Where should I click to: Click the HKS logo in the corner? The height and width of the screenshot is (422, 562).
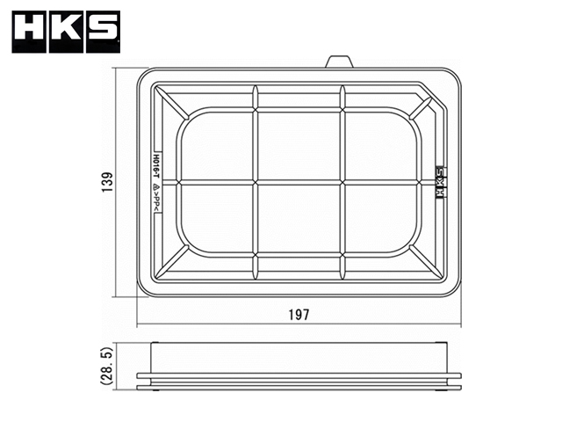tap(65, 32)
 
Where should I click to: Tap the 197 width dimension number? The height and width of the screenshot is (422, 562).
tap(299, 314)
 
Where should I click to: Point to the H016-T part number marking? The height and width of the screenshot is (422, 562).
tap(155, 164)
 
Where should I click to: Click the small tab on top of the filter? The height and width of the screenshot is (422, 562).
tap(339, 62)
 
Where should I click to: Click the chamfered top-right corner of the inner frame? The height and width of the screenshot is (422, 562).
tap(437, 96)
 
